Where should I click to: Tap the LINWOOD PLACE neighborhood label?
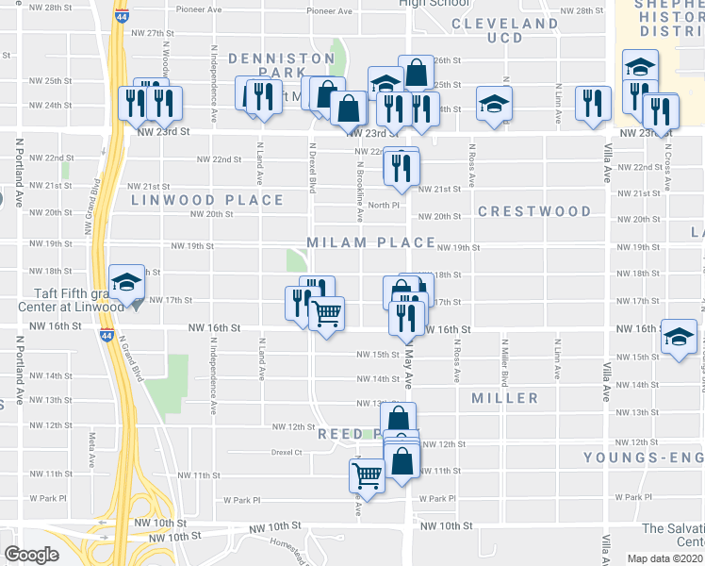207,200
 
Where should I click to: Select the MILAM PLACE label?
369,242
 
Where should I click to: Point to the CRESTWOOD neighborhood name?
534,211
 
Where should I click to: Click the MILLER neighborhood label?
506,398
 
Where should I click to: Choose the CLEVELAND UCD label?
504,30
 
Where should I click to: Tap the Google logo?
31,555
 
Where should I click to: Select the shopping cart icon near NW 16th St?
326,314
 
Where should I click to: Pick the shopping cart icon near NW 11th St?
367,475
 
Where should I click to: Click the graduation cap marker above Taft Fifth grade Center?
125,281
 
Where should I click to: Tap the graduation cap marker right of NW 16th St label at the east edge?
679,337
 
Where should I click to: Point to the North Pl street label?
385,205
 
